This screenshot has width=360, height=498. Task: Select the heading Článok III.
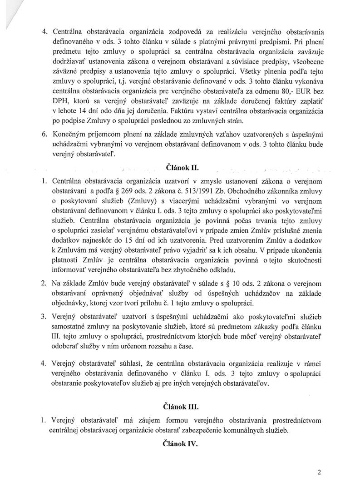[179, 406]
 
